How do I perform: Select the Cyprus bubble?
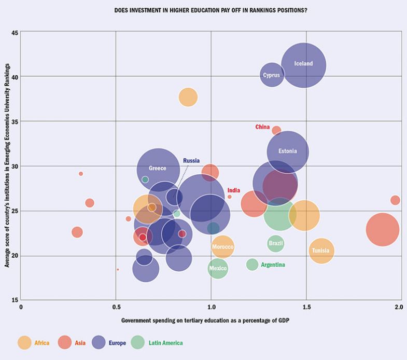coord(272,75)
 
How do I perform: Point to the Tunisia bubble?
coord(321,251)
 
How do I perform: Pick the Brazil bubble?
coord(276,243)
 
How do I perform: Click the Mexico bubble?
coord(218,268)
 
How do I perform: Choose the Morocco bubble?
coord(223,247)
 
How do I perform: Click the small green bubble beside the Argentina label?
coord(252,265)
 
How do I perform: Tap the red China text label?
coord(262,127)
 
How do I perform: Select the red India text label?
coord(233,190)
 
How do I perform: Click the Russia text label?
coord(191,161)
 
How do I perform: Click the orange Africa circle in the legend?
coord(24,342)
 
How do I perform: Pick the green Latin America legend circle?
coord(137,342)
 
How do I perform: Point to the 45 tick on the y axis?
coord(15,33)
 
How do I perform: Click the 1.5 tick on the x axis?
coord(306,307)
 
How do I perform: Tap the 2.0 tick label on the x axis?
coord(398,307)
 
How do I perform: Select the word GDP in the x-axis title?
coord(282,321)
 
